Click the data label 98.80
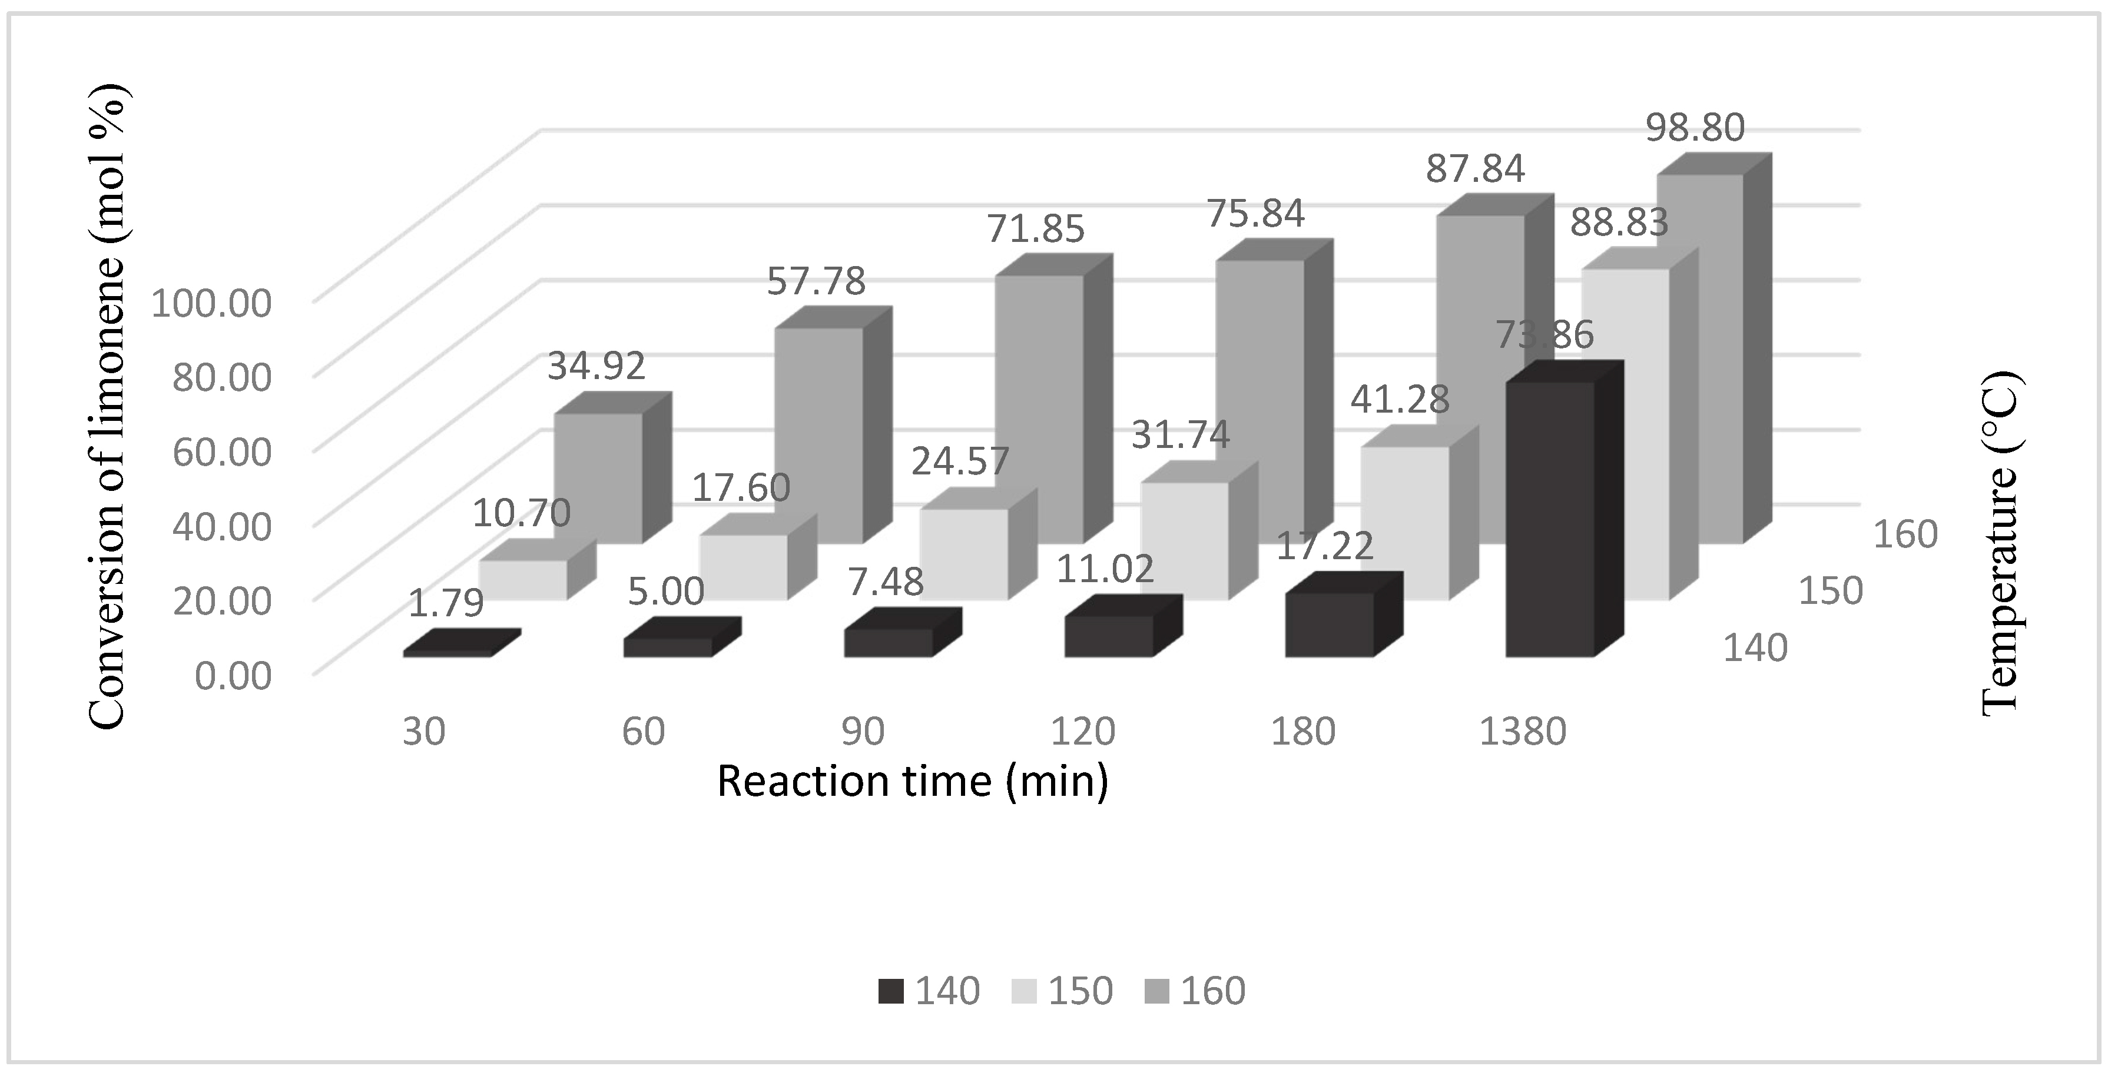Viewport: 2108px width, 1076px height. [1695, 128]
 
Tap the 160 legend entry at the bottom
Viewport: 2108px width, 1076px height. [1195, 991]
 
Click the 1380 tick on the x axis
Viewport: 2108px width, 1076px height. [1522, 730]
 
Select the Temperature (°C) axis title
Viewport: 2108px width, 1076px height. [2000, 543]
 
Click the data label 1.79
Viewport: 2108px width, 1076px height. [445, 604]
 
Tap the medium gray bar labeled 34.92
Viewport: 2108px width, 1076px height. [598, 478]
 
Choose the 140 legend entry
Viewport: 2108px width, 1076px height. [929, 991]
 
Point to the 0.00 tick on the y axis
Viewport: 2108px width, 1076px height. [233, 676]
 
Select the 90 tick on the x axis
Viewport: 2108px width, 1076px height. [863, 730]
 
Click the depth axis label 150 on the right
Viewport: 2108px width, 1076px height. [1829, 591]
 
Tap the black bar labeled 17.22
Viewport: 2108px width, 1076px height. [1329, 625]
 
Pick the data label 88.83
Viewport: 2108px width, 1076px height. [1618, 222]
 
